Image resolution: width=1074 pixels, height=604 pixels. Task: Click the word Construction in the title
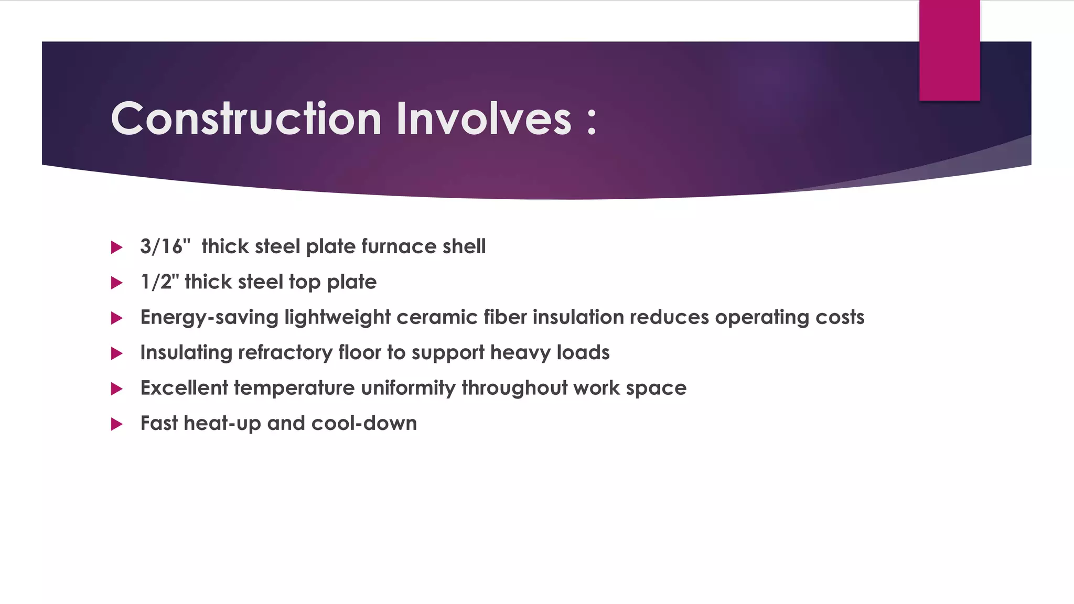(245, 119)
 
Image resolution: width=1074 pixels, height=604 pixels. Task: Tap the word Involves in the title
(484, 119)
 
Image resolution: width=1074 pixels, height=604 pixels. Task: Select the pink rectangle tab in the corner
(949, 50)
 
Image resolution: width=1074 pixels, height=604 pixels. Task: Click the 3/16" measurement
(165, 246)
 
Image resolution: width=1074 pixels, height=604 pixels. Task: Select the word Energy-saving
(209, 318)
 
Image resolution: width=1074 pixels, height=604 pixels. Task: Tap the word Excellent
(184, 388)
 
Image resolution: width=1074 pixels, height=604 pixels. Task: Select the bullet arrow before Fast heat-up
(116, 424)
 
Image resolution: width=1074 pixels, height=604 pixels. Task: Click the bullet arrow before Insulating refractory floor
(116, 353)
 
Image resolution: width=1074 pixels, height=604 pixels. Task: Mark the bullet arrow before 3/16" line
(116, 247)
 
